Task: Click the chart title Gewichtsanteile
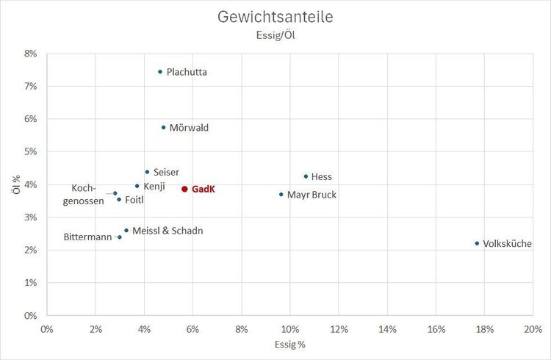[275, 17]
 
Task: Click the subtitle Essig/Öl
[275, 35]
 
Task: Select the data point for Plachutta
[160, 71]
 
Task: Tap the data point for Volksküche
[477, 243]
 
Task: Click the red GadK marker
[184, 189]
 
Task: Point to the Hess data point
[306, 176]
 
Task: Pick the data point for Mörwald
[163, 127]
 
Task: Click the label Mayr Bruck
[311, 195]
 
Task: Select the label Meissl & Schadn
[168, 231]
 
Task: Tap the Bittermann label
[87, 237]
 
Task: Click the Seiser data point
[147, 172]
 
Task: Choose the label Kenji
[154, 186]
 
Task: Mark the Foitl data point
[119, 199]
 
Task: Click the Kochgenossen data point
[115, 193]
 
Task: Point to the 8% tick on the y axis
[31, 54]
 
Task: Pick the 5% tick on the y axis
[31, 152]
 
